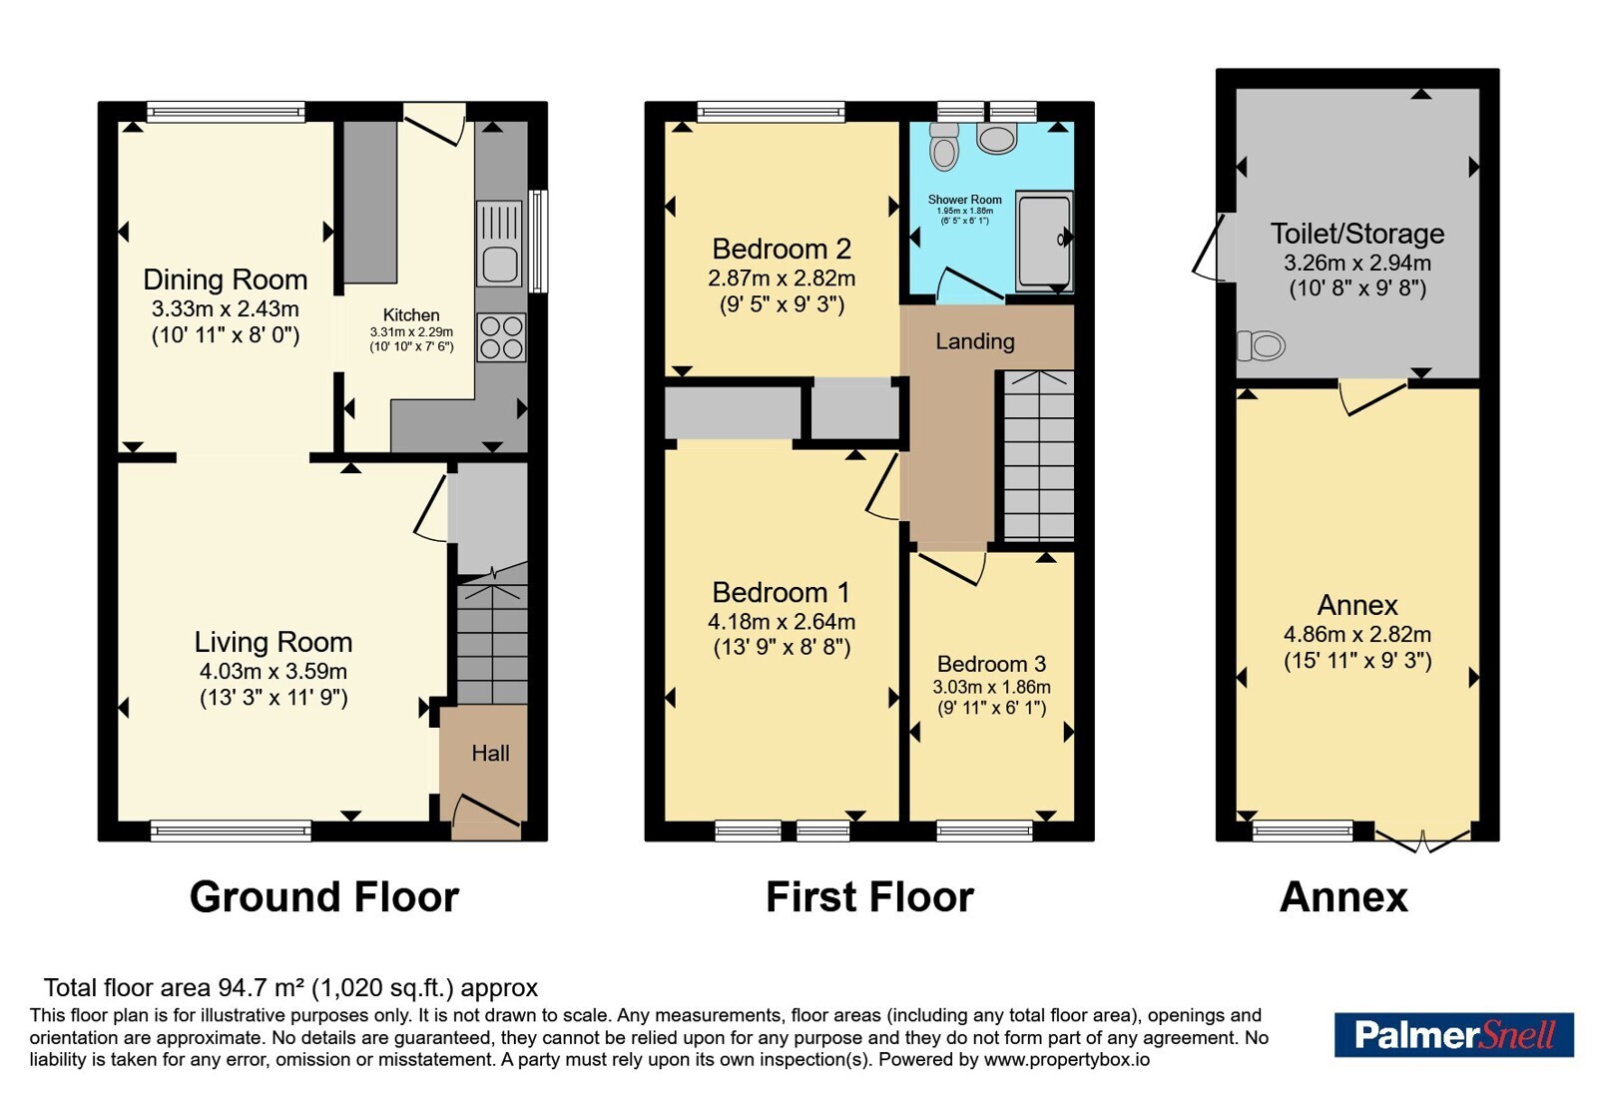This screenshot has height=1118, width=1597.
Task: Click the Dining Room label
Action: point(226,279)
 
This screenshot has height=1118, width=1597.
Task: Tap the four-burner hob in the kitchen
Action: point(502,337)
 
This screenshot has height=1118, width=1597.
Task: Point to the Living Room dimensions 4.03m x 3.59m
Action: point(273,671)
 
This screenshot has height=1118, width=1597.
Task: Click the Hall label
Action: point(490,753)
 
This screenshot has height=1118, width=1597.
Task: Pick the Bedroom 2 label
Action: point(782,249)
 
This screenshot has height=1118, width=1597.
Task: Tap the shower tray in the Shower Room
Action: point(1044,241)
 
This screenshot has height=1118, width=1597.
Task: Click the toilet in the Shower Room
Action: point(944,146)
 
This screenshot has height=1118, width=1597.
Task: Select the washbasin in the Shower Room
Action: point(997,139)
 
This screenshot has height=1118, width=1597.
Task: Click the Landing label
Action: point(974,341)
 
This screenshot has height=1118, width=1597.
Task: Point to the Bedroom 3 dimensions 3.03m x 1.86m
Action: point(991,688)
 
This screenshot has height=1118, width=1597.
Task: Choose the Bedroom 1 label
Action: point(782,593)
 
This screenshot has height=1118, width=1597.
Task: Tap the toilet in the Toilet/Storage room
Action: point(1261,345)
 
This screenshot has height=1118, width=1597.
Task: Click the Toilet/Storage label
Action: point(1356,234)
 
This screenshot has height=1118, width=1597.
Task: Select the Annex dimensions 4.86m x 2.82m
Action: point(1356,634)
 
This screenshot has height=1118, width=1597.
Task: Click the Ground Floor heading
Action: point(324,896)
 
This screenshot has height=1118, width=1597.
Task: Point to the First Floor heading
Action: point(869,896)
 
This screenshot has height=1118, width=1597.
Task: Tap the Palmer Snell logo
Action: point(1453,1034)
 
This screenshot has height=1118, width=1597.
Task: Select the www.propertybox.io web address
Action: point(1067,1059)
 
